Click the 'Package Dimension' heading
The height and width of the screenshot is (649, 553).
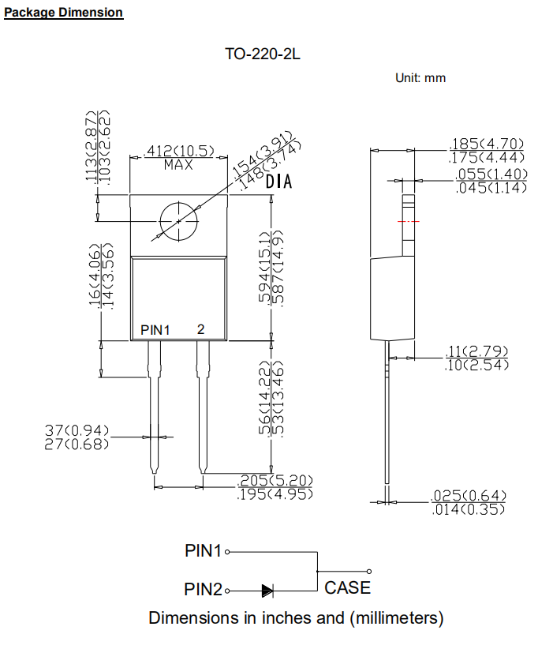coord(64,13)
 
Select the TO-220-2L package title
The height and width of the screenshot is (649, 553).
coord(263,55)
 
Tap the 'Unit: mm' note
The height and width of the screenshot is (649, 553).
coord(420,77)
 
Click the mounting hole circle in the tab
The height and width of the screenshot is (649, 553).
coord(179,220)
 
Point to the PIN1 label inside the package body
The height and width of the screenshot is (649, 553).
coord(155,329)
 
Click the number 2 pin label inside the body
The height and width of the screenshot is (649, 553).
coord(200,329)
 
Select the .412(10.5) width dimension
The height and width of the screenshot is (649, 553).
coord(179,150)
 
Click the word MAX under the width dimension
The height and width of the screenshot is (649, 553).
coord(179,165)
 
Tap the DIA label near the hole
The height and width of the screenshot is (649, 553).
coord(278,182)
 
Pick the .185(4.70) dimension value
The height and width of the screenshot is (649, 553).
coord(486,144)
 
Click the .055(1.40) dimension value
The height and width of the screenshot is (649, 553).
coord(491,174)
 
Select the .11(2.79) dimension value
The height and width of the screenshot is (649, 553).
coord(477,351)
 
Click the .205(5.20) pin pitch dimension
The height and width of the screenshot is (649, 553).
coord(276,480)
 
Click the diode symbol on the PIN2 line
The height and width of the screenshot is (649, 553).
coord(267,590)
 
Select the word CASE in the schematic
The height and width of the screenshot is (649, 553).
coord(347,587)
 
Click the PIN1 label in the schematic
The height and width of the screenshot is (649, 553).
coord(204,551)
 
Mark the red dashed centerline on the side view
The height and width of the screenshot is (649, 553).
coord(409,222)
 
